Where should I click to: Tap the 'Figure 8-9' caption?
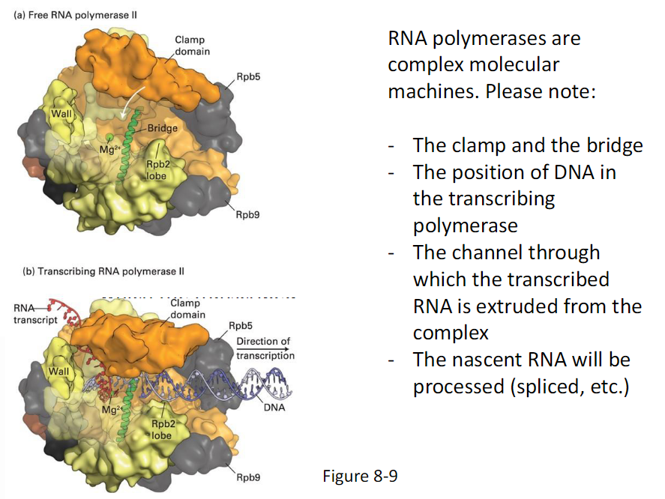pyautogui.click(x=360, y=477)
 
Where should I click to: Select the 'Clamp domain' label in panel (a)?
pyautogui.click(x=192, y=45)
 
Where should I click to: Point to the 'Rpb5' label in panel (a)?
pyautogui.click(x=247, y=77)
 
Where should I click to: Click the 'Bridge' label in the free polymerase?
pyautogui.click(x=163, y=128)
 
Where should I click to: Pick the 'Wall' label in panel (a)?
pyautogui.click(x=60, y=114)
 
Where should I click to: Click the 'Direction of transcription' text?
pyautogui.click(x=265, y=348)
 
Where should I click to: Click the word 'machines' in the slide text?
pyautogui.click(x=431, y=91)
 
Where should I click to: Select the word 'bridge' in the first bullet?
pyautogui.click(x=605, y=145)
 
